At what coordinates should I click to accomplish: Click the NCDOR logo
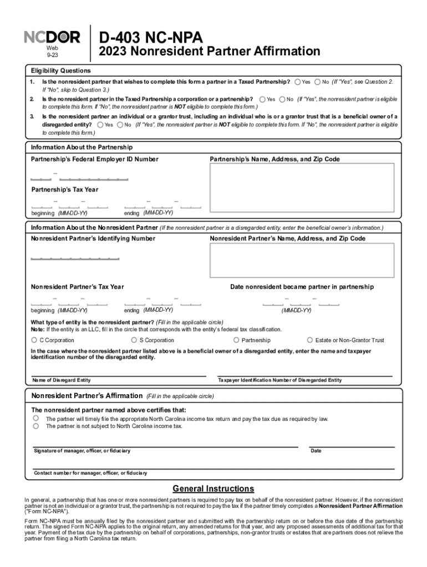coord(52,38)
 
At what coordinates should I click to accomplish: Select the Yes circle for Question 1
coord(298,82)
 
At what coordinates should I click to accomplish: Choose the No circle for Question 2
coord(282,99)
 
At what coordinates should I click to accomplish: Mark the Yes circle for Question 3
coord(100,125)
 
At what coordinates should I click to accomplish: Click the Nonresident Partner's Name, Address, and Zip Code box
coord(302,260)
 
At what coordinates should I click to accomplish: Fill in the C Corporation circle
coord(34,340)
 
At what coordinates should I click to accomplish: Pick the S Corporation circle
coord(134,340)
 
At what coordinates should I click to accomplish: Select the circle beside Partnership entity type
coord(237,340)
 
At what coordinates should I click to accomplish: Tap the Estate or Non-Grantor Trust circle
coord(310,340)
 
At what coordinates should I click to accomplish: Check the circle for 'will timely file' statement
coord(36,419)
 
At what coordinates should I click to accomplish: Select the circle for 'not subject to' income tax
coord(36,426)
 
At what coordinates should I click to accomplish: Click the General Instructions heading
coord(213,488)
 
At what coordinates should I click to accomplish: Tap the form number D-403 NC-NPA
coord(151,38)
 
